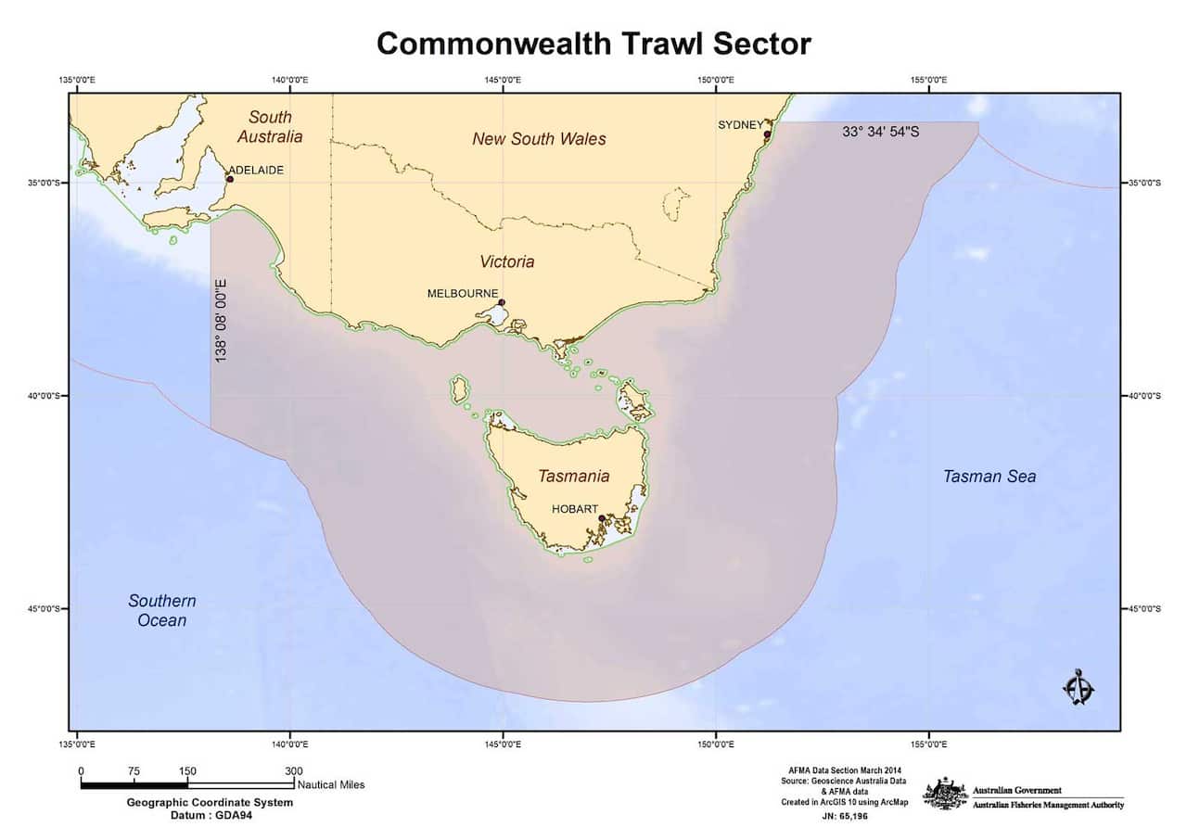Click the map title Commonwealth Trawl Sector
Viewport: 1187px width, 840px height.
(593, 43)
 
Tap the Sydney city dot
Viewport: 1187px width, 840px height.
(767, 134)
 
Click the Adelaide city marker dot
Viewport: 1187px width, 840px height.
(229, 179)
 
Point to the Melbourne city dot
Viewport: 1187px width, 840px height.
(502, 302)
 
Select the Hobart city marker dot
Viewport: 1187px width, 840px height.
(602, 518)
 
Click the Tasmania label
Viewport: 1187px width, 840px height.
(573, 476)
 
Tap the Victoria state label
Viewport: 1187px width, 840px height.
(506, 261)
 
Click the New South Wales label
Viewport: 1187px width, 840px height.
(539, 139)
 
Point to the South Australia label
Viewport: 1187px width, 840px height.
(269, 126)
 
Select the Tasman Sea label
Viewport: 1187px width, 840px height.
(989, 477)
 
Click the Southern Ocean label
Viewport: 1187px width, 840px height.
(161, 610)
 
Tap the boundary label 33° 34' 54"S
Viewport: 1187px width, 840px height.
(880, 133)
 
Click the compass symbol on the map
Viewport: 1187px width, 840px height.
(1078, 687)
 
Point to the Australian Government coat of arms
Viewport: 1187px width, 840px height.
(945, 794)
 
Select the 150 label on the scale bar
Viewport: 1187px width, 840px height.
(187, 770)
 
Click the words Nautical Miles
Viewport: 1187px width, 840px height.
(331, 784)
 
